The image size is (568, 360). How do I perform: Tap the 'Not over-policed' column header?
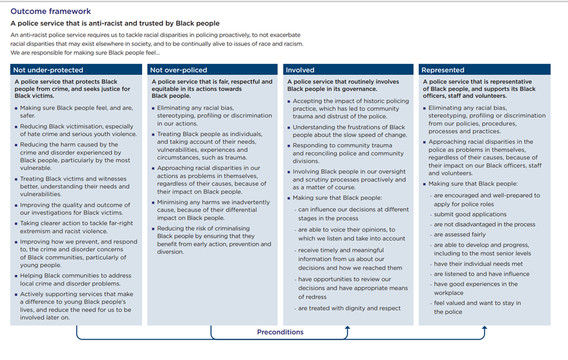[x=179, y=70]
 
